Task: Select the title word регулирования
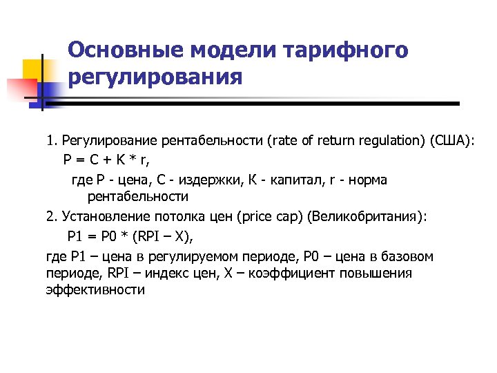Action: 155,76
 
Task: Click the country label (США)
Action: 451,142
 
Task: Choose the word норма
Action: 369,180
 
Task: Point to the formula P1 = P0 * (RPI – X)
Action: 130,237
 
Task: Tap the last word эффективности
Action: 95,289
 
